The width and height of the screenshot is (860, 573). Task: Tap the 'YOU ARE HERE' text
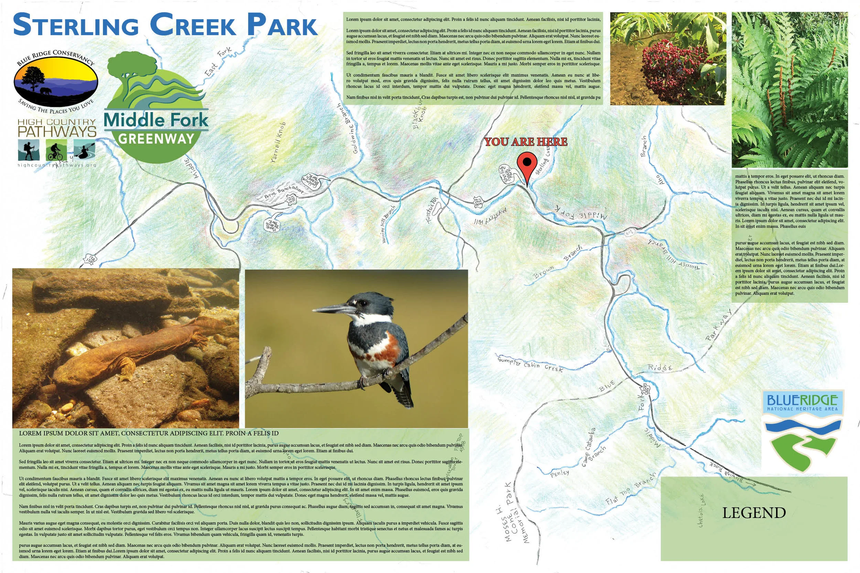point(525,142)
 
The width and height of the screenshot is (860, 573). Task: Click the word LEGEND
point(754,513)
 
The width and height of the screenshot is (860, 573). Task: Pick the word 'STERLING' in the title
point(76,25)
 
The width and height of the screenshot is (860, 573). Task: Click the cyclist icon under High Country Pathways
point(56,150)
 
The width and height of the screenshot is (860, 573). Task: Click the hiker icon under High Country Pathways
point(29,150)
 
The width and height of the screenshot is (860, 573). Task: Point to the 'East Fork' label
point(218,62)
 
